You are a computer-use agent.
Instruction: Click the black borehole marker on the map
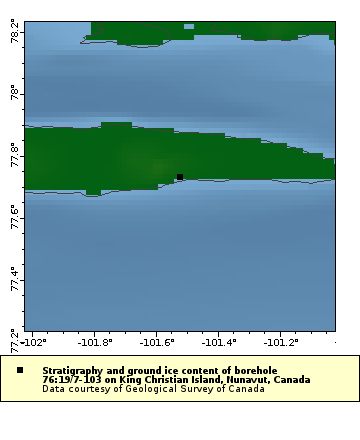tap(180, 177)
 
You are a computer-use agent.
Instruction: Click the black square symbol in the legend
tap(19, 371)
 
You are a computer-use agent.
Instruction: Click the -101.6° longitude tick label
tap(156, 342)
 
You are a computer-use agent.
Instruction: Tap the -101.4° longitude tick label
tap(218, 342)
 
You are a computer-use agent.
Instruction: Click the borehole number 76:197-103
tap(76, 380)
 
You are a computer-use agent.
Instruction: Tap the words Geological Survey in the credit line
tap(179, 389)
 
